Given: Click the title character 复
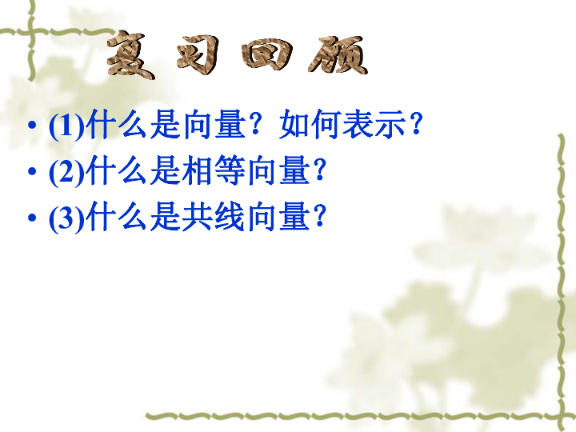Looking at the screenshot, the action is tap(131, 55).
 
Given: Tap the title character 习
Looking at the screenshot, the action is tap(198, 55).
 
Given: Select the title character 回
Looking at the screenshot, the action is tap(267, 54).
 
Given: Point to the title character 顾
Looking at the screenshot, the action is tap(338, 55).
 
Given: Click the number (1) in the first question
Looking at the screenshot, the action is tap(67, 126).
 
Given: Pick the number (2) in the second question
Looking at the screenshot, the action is tap(67, 171).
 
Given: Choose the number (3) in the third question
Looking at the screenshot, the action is tap(67, 218).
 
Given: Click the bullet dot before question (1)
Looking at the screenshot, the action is tap(32, 125).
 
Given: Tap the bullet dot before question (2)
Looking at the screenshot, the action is tap(32, 171).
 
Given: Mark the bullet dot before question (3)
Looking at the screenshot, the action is tap(32, 218).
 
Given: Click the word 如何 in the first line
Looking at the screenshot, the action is tap(310, 124).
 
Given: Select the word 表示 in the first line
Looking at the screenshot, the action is tap(374, 124).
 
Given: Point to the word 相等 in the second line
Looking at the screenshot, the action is tap(214, 170).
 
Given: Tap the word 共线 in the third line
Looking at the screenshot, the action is tap(214, 216).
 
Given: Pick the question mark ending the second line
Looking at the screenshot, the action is tap(319, 170).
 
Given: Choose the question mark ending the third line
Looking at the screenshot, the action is tap(319, 216).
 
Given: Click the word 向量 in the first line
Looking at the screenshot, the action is tap(214, 124).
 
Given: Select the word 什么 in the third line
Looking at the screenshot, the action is tap(117, 216).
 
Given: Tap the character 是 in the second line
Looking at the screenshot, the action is tap(165, 170).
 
